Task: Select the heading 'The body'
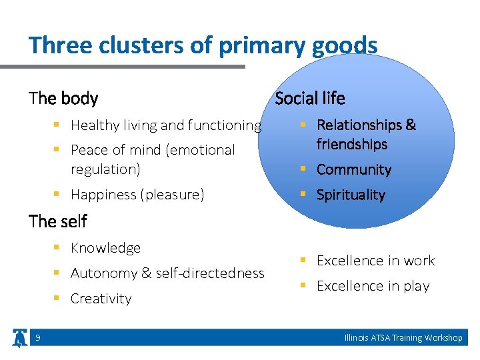point(63,99)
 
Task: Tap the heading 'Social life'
point(309,99)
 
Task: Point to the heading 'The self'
point(58,221)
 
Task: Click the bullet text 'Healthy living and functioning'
point(165,125)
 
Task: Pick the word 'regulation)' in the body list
point(105,169)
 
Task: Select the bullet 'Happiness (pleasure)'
point(137,195)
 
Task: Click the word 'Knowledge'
point(105,248)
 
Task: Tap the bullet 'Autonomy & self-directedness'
point(167,273)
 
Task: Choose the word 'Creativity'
point(101,299)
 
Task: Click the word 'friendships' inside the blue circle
point(351,144)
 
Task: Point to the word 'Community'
point(353,169)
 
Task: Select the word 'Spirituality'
point(351,195)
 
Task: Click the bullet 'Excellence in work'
point(375,261)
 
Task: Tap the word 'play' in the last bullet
point(417,286)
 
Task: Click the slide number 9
point(37,338)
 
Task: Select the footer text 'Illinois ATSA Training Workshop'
point(403,338)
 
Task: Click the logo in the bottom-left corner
point(18,338)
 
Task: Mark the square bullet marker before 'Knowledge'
point(59,248)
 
